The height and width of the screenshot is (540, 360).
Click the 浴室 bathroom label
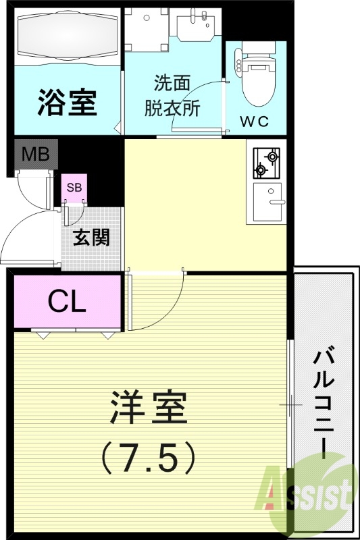pyautogui.click(x=68, y=103)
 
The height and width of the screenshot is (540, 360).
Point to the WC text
pyautogui.click(x=255, y=122)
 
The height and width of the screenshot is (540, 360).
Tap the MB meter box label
pyautogui.click(x=35, y=155)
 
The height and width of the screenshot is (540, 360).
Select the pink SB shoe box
pyautogui.click(x=74, y=188)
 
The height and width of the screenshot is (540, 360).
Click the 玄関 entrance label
pyautogui.click(x=91, y=237)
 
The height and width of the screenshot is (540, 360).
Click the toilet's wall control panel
pyautogui.click(x=236, y=63)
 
